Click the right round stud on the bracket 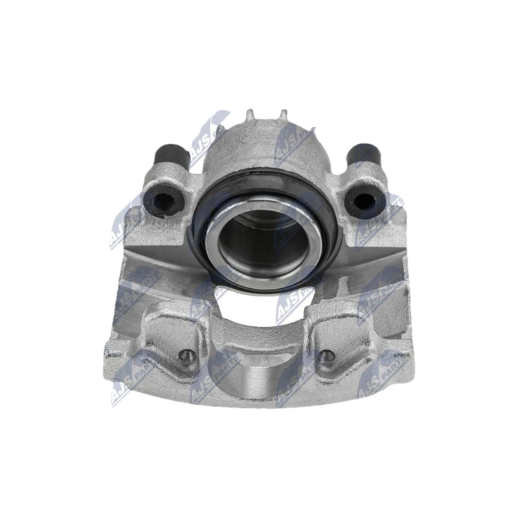[328, 355]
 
